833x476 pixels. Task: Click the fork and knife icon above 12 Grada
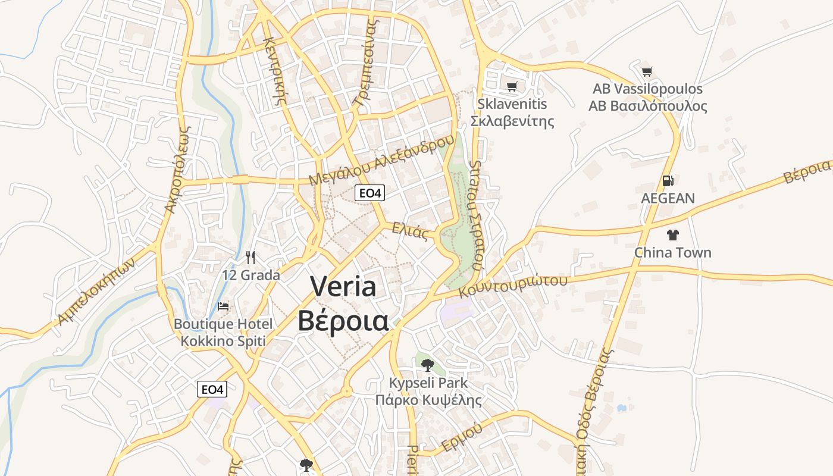(x=250, y=257)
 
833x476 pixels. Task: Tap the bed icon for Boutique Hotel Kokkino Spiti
(x=223, y=306)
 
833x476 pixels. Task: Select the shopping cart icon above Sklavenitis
(x=512, y=86)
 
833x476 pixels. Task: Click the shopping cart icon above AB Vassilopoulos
(x=647, y=72)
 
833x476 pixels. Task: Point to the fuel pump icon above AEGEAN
(x=668, y=181)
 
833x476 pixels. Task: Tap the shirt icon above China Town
(x=672, y=235)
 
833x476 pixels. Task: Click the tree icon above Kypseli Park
(x=427, y=365)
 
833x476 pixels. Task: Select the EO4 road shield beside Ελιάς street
(x=369, y=193)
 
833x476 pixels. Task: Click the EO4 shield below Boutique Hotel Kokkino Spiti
(x=212, y=390)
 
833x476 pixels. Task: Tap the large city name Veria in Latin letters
(x=343, y=287)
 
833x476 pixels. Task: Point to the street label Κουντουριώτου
(x=513, y=285)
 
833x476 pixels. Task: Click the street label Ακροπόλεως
(x=176, y=169)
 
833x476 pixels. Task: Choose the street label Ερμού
(x=462, y=437)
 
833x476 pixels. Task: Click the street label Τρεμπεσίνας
(x=365, y=63)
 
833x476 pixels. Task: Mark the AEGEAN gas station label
(x=668, y=198)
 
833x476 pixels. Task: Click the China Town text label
(x=672, y=252)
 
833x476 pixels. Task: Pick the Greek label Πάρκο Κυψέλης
(x=428, y=399)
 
